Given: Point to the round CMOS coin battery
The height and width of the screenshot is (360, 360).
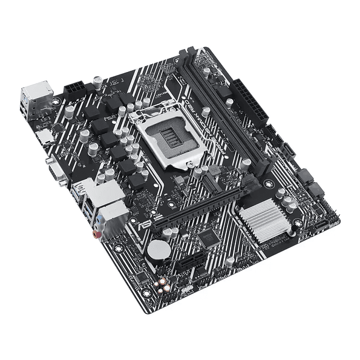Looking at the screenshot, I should (x=159, y=249).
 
